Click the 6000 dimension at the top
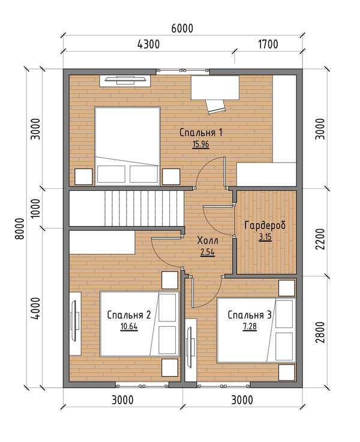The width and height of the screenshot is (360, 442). pos(182,28)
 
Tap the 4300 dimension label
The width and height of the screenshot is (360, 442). pos(149,44)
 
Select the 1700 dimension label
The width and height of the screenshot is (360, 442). pos(268,44)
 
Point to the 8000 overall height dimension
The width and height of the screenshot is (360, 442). pos(20,228)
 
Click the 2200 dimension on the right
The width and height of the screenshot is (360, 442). pos(320,239)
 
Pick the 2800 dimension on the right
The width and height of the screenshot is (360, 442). pos(320,332)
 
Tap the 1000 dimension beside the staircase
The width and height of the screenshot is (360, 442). pos(35,208)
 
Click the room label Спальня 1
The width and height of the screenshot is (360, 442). pos(201,133)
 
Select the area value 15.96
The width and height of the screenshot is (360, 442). pos(201,145)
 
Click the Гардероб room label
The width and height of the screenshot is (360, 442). pos(265,225)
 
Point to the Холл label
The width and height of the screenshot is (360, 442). pos(208,240)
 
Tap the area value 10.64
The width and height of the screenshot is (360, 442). pos(129,326)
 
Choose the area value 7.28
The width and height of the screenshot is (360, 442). pos(250,326)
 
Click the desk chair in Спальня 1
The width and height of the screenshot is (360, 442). pos(215,107)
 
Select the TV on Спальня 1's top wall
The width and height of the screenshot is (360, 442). pos(124,81)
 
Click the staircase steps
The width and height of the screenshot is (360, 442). pos(144,208)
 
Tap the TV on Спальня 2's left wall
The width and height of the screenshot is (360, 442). pos(75,323)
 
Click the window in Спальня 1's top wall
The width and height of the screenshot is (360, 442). pos(182,71)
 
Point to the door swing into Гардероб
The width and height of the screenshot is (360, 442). pos(219,221)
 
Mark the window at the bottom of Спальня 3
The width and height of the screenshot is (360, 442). pos(223,385)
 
